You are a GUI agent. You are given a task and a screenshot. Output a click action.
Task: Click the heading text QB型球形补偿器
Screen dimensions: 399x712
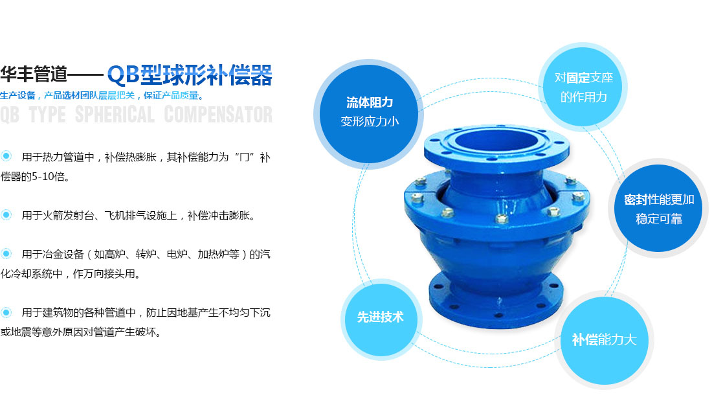190,75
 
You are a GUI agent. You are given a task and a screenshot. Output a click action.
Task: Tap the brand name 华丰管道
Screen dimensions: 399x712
34,75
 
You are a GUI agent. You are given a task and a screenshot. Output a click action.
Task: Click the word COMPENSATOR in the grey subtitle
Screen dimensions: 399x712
218,115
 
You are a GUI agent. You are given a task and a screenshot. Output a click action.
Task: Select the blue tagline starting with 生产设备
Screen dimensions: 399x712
102,96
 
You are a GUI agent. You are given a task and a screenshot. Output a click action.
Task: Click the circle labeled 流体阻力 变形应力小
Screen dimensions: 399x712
369,112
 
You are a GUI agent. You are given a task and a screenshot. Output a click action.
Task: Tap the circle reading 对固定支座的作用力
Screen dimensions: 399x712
583,88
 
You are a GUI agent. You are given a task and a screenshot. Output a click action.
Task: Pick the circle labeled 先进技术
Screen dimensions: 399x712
380,317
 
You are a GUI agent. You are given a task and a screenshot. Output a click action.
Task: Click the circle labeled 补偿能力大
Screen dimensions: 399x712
604,339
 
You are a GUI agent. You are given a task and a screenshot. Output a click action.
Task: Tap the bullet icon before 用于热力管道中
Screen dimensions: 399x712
7,156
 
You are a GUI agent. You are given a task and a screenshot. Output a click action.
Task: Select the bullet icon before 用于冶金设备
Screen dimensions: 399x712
7,253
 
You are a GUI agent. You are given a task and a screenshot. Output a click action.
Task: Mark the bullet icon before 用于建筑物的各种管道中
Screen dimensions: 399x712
7,312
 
